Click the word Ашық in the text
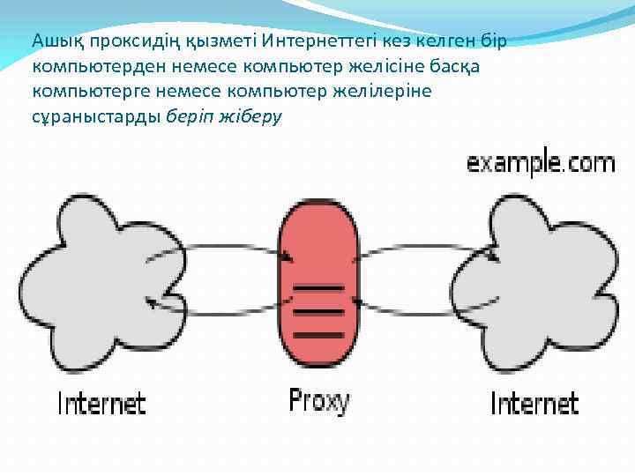click(51, 41)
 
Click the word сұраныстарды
click(95, 116)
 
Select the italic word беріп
click(190, 116)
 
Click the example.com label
click(540, 163)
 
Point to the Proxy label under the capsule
click(318, 401)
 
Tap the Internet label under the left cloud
click(101, 404)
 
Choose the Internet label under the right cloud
click(534, 404)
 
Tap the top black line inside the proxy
click(318, 288)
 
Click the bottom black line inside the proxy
click(318, 334)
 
